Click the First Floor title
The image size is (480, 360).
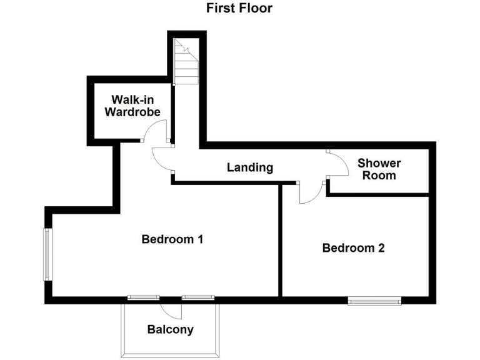coord(239,8)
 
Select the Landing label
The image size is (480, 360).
coord(250,167)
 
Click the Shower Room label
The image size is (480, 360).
coord(379,169)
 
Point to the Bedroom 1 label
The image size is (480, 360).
coord(172,239)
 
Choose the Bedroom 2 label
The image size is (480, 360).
coord(353,247)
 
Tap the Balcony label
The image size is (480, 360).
coord(170,329)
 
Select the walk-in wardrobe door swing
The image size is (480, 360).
coord(155,132)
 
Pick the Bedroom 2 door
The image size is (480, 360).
coord(311,193)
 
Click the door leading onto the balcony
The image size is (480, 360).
coord(170,307)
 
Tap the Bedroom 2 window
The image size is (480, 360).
coord(374,301)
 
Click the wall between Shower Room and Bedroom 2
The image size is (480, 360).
coord(377,195)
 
